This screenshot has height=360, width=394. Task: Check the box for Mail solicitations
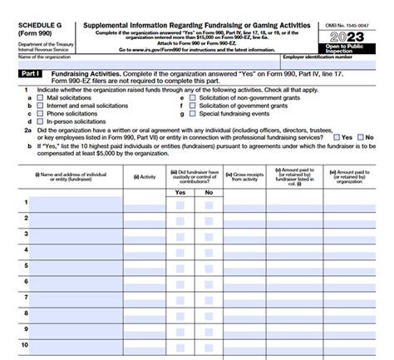[41, 98]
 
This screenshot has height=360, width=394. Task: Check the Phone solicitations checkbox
[41, 113]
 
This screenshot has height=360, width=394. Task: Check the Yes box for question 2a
[337, 137]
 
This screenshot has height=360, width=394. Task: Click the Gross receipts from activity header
[249, 176]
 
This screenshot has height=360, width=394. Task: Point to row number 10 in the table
[25, 344]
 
